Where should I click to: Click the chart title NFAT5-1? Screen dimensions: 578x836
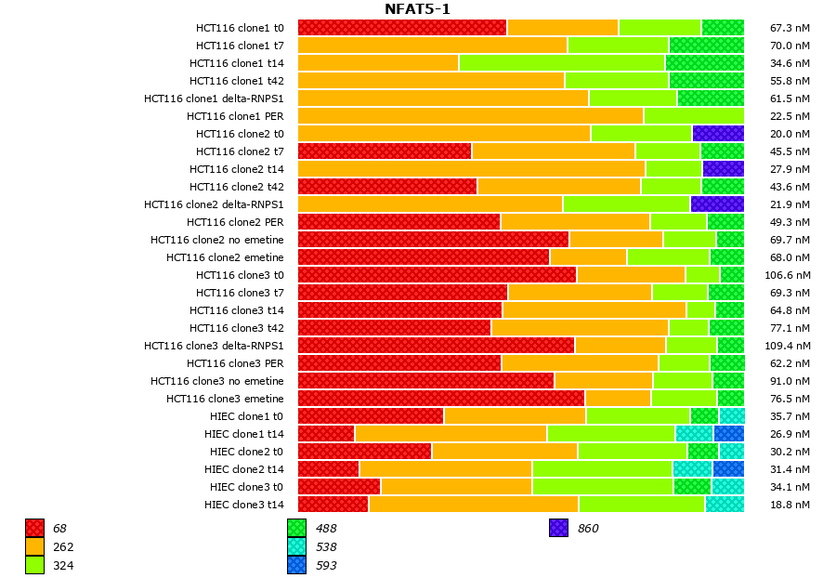click(417, 9)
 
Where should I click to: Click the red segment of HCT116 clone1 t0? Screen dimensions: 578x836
click(401, 27)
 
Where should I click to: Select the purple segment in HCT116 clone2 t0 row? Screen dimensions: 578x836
click(717, 133)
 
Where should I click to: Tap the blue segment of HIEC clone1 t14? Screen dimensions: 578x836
click(728, 433)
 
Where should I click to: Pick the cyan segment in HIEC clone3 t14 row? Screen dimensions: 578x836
click(724, 504)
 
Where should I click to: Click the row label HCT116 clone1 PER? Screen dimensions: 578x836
click(235, 116)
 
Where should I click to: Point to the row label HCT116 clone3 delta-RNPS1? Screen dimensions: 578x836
click(214, 346)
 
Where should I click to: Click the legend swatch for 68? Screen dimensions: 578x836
click(34, 529)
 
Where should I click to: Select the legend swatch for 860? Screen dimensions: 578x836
click(558, 529)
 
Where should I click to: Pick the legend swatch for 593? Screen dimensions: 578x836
click(296, 565)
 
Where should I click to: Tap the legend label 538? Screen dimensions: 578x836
click(326, 547)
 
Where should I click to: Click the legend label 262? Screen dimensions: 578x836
click(63, 547)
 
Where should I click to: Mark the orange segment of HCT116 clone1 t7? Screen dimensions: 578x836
click(432, 45)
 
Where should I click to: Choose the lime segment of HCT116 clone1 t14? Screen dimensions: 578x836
click(561, 62)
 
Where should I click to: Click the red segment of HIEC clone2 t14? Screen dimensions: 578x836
click(328, 468)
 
